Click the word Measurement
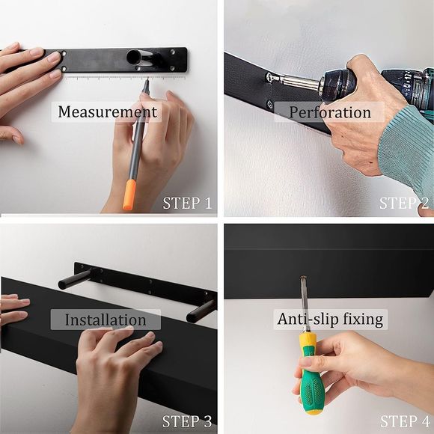pos(108,112)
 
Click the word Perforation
pos(329,112)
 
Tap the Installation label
pos(105,320)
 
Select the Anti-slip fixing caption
pos(330,319)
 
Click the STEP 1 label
pos(187,203)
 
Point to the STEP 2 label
pos(404,203)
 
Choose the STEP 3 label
pos(187,421)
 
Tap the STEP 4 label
pos(404,421)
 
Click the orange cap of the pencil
pos(129,194)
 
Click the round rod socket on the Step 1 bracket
pos(134,56)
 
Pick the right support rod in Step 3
pos(201,311)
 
